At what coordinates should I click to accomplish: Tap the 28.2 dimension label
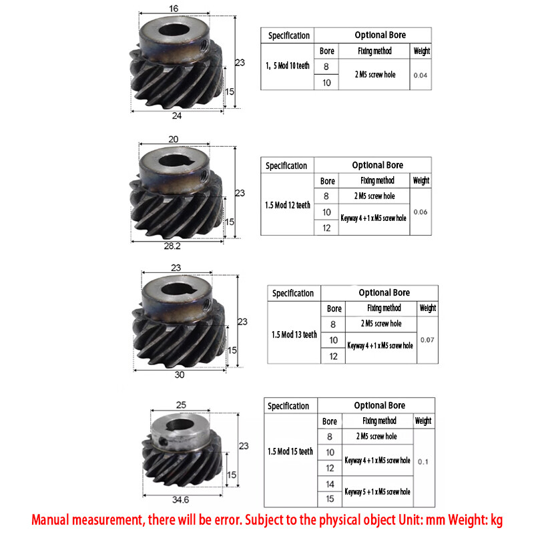pos(172,246)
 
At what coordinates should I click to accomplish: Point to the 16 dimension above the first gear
pos(174,9)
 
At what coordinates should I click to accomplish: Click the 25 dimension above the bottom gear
pos(181,405)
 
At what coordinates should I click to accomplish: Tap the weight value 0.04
pos(421,75)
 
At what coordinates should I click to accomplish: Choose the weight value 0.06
pos(421,212)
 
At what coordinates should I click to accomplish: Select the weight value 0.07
pos(427,340)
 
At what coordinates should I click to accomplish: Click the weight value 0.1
pos(423,461)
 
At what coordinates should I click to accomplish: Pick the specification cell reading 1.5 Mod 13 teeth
pos(294,334)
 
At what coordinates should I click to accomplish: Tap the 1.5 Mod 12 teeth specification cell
pos(288,205)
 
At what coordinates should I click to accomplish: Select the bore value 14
pos(329,484)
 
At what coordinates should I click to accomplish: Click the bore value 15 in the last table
pos(329,498)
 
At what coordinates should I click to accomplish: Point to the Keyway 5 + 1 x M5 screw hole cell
pos(377,491)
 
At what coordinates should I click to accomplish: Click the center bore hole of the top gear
pos(178,31)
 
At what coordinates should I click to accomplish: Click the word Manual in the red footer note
pos(58,520)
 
